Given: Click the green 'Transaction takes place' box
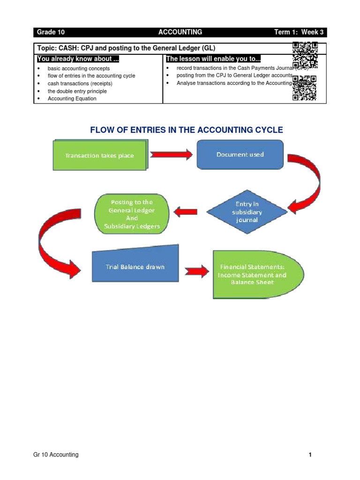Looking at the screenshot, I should pos(99,156).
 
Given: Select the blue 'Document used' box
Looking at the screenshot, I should pos(240,154).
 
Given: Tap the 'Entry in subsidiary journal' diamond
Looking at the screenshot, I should pos(247,212).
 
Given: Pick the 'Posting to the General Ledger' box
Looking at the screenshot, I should pos(131,214).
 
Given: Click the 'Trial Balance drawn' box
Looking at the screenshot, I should pos(135,267).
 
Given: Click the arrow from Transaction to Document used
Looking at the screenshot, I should pos(172,155).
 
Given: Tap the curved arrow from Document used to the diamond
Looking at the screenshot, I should pos(309,183).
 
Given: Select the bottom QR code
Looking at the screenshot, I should pos(305,88).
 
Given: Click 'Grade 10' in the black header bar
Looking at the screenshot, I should pos(51,32).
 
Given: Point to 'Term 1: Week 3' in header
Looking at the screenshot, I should pos(299,32).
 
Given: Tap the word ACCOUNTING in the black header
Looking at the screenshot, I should pos(180,32).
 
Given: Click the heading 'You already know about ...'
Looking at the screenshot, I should pos(75,59).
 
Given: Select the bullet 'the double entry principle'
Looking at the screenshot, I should pos(77,91).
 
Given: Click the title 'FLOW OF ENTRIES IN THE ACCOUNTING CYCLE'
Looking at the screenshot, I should pos(187,130).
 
